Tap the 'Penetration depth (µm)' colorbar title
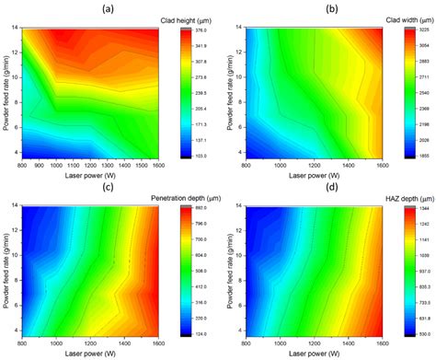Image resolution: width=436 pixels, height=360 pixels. point(178,198)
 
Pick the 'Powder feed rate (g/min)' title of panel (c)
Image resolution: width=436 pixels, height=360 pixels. point(7,272)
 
